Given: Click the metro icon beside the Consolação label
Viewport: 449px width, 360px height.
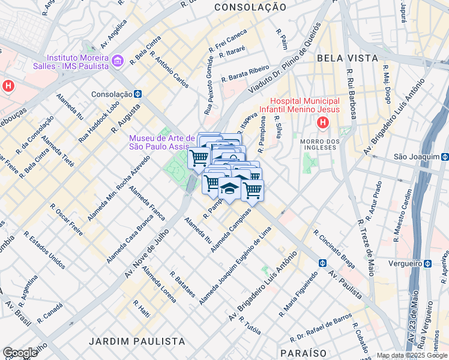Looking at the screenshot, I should (x=137, y=94).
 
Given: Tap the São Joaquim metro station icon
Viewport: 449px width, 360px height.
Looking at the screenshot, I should (x=444, y=157).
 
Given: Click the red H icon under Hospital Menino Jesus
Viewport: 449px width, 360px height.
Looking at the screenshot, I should (x=323, y=123).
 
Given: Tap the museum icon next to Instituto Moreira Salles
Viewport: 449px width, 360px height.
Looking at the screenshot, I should (x=117, y=61).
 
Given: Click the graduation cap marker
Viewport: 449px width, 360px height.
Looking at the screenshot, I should (x=228, y=188).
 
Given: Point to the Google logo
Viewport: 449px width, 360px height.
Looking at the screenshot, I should (x=20, y=353).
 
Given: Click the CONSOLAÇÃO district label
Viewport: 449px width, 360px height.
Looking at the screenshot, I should (x=250, y=7).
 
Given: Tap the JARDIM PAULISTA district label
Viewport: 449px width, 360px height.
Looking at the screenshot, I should (x=137, y=341).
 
